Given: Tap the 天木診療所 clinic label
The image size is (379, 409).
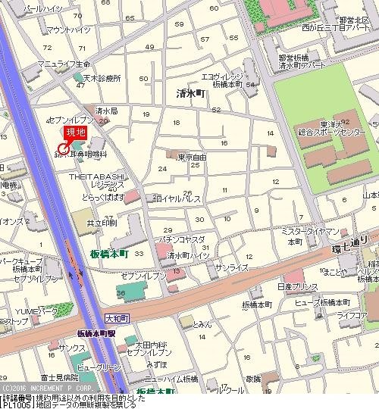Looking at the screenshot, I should coord(102,78).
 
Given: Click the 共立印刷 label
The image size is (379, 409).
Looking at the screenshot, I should coord(102,224).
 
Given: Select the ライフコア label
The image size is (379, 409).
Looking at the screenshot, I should coord(353,314).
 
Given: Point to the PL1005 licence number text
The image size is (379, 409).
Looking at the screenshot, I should coord(17,404).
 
